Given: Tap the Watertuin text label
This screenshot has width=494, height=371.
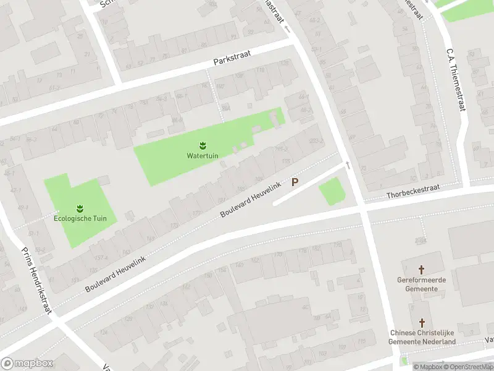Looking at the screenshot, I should [203, 155].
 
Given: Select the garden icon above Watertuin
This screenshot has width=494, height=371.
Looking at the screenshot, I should [203, 145].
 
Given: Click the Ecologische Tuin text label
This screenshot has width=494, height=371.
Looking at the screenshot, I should [80, 218].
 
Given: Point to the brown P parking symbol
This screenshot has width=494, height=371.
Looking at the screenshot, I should [295, 182].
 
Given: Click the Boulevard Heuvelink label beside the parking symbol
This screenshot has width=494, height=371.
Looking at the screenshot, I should [251, 200].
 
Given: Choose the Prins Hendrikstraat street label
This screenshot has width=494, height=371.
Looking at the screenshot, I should [35, 280].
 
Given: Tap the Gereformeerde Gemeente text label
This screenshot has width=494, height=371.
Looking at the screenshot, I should [422, 284].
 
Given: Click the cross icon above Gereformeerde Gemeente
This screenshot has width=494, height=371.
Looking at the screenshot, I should [422, 270].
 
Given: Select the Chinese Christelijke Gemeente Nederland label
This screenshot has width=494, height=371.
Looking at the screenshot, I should [422, 338].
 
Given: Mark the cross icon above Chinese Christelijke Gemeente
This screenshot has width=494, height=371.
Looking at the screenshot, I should [422, 323].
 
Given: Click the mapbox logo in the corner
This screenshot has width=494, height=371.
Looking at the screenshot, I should [27, 364].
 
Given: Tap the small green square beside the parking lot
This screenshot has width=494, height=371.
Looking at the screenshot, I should [332, 191].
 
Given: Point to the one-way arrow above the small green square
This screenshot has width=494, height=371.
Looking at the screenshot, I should [348, 165].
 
